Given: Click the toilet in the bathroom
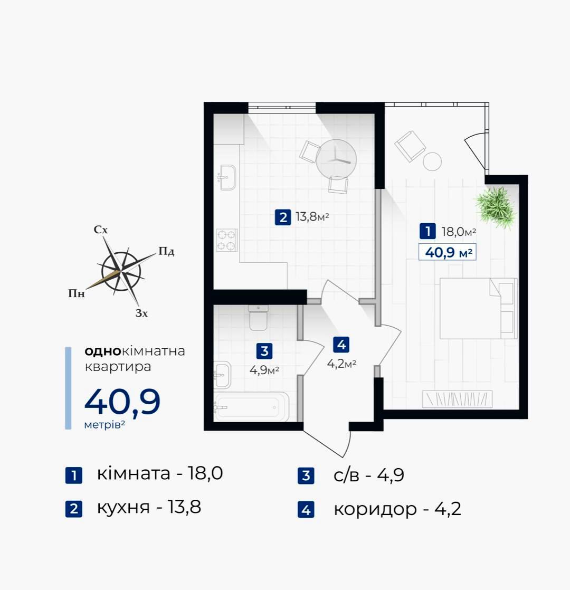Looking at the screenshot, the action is coord(259,318).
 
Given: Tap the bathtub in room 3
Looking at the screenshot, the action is coord(251,407).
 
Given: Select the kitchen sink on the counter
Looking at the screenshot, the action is coord(227,177).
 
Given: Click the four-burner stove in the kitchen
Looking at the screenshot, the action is coord(227,240).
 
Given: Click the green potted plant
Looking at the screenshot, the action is coord(495,207).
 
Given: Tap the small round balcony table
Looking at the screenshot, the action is coord(432,161).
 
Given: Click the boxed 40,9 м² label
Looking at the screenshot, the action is coord(448,252).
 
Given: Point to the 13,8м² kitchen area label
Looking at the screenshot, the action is coord(312,217).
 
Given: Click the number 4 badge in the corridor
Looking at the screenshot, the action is coord(341,344).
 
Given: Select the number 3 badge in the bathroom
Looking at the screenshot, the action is coord(264,351).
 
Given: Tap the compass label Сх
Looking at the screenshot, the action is coord(101,230).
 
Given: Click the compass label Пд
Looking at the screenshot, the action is coord(166,251).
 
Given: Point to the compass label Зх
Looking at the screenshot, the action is coord(141,313).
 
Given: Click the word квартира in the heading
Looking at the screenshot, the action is coord(118,367).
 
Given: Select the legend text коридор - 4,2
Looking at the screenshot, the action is coord(397,509).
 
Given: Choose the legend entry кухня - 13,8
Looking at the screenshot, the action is coord(149,507).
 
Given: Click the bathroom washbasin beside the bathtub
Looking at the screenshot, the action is coord(222,375).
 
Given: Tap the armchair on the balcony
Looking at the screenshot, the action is coord(410,146).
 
